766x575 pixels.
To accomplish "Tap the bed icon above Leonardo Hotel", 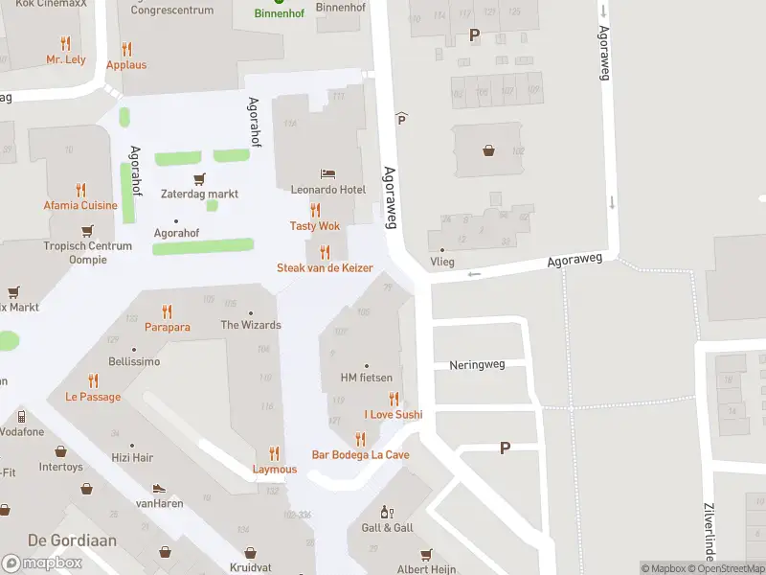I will (328, 174).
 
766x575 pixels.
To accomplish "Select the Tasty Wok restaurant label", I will (315, 226).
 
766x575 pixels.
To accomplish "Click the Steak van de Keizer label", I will (325, 268).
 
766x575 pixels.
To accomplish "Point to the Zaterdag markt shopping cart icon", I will (199, 178).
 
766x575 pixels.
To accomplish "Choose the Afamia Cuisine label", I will (80, 205).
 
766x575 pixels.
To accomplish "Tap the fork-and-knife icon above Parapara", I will (167, 311).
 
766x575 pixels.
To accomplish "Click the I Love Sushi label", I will (393, 415).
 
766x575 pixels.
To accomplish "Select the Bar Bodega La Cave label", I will (360, 454).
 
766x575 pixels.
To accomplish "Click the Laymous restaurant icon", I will (275, 453).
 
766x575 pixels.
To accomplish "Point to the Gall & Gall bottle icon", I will (387, 513).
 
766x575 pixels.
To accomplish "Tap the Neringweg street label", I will (476, 365).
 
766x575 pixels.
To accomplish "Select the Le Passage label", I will (93, 397).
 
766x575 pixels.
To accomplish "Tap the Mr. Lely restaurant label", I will (66, 59).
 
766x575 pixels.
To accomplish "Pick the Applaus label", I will (126, 65).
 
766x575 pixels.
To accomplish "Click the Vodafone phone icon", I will (21, 417).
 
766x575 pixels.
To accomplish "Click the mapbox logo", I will (41, 563).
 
